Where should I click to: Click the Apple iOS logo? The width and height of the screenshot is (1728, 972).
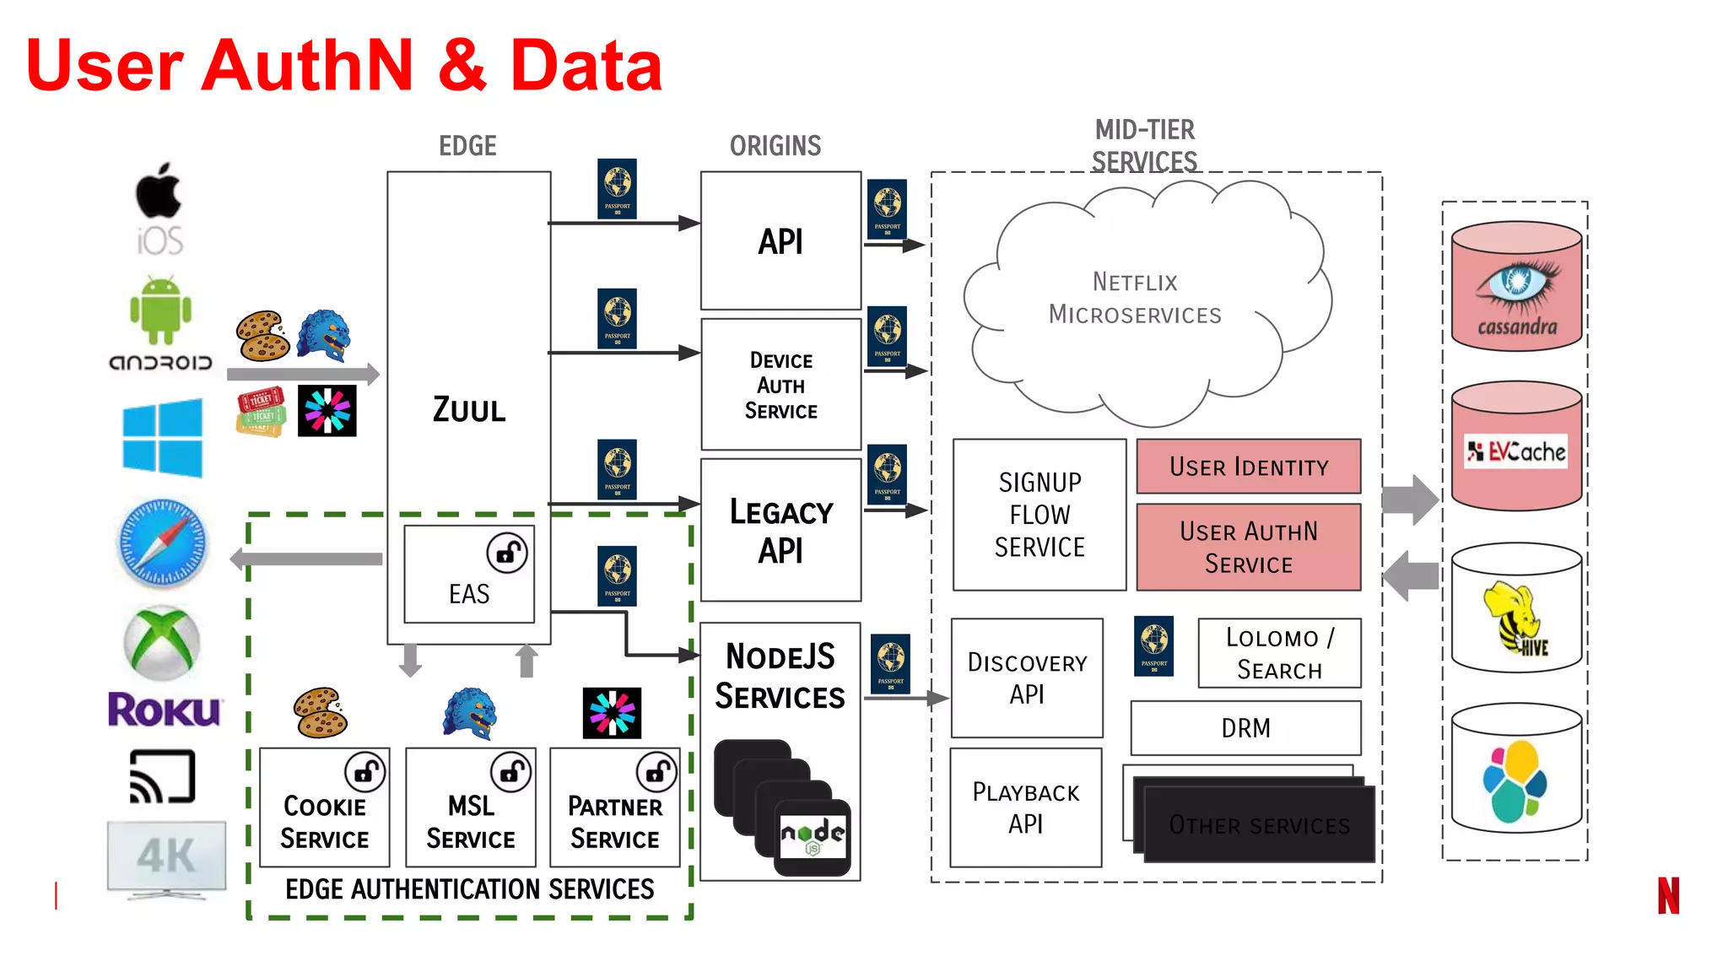coord(159,207)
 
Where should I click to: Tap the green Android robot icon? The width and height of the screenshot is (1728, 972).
coord(160,310)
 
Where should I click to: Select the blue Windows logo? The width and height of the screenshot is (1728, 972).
coord(162,438)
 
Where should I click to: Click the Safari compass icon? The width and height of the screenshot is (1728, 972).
coord(162,543)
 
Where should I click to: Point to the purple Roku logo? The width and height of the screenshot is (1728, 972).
coord(165,710)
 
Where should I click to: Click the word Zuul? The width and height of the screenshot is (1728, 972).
coord(469,410)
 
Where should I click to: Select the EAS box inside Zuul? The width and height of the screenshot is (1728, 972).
coord(469,575)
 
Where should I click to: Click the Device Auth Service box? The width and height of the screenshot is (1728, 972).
coord(780,385)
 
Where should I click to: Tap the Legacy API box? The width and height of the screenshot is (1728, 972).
coord(780,530)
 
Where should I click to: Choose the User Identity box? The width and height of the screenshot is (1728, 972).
coord(1248,466)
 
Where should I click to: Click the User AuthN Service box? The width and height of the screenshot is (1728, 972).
coord(1248,547)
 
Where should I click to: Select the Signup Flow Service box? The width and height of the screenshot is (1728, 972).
coord(1039,515)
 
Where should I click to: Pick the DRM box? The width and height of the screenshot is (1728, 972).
coord(1245,727)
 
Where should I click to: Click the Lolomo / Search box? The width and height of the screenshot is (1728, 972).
coord(1279,653)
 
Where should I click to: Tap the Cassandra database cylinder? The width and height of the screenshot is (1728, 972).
coord(1516,287)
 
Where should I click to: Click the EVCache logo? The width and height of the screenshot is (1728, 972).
coord(1516,451)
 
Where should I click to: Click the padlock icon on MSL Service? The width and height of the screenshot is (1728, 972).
coord(511,770)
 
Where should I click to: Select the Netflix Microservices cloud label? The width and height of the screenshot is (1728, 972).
coord(1134,298)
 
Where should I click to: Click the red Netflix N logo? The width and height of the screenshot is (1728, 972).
coord(1668,895)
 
